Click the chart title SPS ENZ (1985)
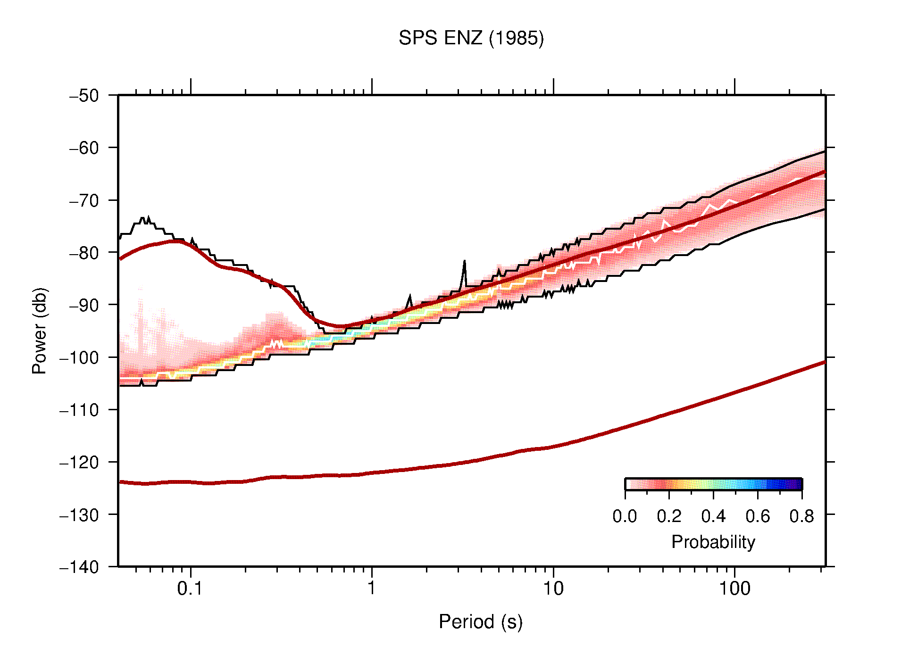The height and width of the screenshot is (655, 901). pos(471,38)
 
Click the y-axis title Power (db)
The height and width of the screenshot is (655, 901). pos(40,331)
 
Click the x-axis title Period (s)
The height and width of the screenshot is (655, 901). pos(480,622)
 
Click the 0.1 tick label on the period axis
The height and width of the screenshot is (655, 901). pos(190,589)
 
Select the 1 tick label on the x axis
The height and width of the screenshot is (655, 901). pos(372,589)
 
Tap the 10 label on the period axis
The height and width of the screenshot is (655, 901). pos(553,589)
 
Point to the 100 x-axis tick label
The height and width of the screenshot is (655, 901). pos(734,589)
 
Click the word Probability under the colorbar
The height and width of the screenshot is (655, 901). pos(713,542)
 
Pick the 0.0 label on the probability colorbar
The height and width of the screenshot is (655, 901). pos(625,516)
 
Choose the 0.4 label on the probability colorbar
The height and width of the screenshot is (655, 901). pos(713,516)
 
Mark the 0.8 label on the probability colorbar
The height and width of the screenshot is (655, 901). pos(801,516)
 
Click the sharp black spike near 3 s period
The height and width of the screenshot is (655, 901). pos(464,262)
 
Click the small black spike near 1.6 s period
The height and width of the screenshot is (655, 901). pos(409,298)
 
